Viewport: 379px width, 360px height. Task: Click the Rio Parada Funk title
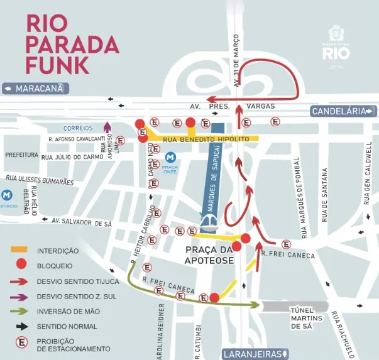(72, 43)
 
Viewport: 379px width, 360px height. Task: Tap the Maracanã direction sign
(36, 89)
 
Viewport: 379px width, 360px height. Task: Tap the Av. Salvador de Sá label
(82, 221)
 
